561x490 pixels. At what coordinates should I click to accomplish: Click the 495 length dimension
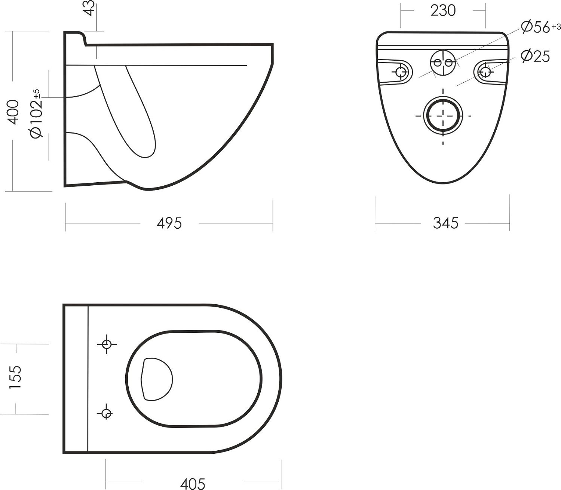[169, 223]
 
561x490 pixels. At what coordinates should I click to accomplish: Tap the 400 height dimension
[13, 112]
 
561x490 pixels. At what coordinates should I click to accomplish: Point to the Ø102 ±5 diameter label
[36, 113]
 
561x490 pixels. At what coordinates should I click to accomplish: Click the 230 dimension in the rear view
[443, 11]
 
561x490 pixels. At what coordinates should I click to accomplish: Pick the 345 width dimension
[445, 223]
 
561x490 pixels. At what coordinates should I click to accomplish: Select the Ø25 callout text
[536, 56]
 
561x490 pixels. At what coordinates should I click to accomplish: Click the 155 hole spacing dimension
[15, 378]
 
